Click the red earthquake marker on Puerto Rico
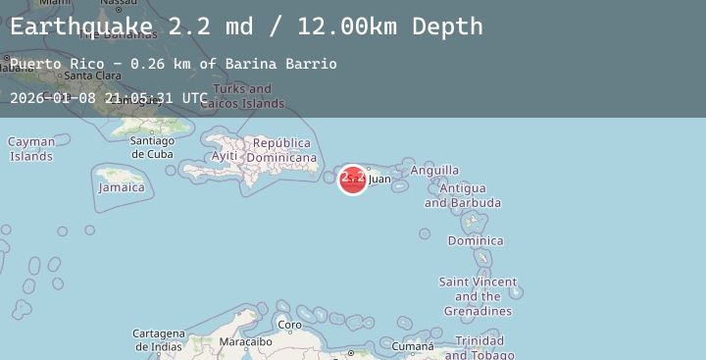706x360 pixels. click(x=352, y=179)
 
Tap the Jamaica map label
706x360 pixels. click(x=122, y=187)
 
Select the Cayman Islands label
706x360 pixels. click(x=31, y=149)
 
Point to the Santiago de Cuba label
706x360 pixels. click(x=152, y=147)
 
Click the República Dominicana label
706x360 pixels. click(x=281, y=150)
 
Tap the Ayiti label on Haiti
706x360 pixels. click(x=225, y=156)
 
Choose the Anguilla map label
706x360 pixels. click(x=434, y=171)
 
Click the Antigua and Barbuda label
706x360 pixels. click(x=463, y=195)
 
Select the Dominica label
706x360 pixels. click(x=476, y=240)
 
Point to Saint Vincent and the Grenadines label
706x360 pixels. click(x=477, y=296)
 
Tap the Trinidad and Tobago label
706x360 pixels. click(x=479, y=348)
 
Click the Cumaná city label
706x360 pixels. click(x=412, y=346)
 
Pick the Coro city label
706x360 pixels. click(x=289, y=325)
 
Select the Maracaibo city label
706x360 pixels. click(x=244, y=342)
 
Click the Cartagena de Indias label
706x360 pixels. click(x=158, y=339)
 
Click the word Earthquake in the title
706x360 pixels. click(x=81, y=26)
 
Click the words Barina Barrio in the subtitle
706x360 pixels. click(x=280, y=64)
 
